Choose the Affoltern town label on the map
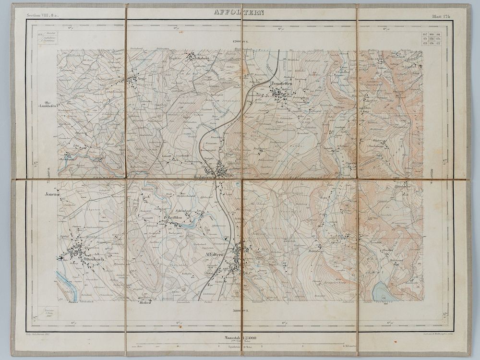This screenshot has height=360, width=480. click(214, 254)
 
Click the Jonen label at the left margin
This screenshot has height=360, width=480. click(51, 195)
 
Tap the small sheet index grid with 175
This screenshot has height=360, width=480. click(432, 39)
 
